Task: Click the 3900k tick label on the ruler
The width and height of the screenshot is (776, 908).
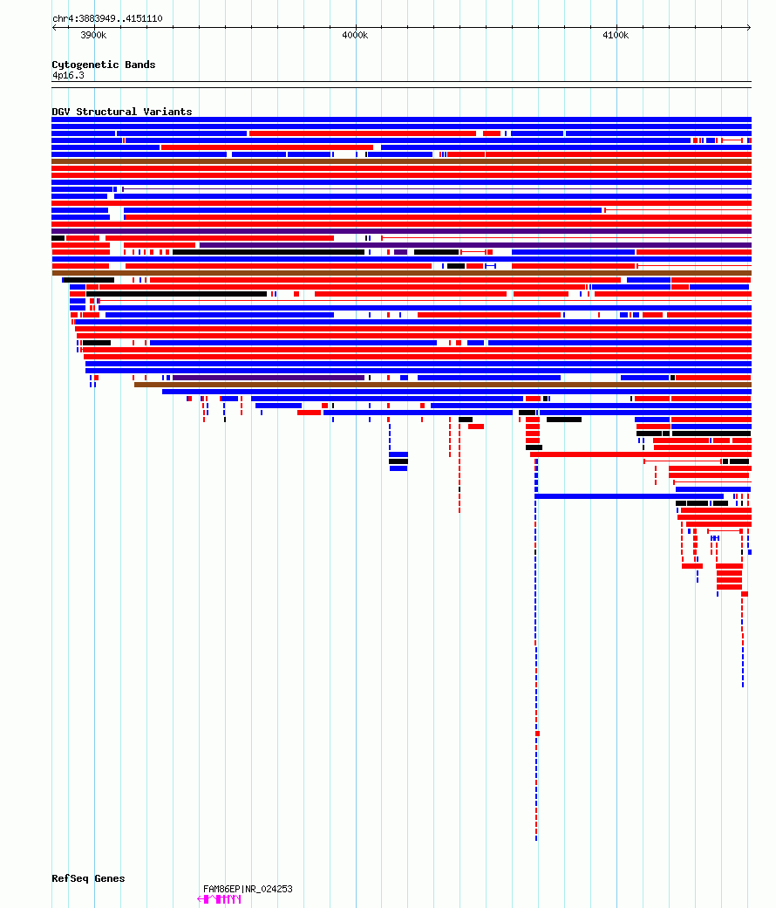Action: coord(93,35)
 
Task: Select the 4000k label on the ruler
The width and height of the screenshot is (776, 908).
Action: coord(355,35)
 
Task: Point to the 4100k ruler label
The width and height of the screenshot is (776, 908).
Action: coord(616,35)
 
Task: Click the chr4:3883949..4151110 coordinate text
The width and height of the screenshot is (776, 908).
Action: coord(107,18)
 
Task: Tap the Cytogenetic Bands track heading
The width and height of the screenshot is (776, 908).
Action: coord(104,65)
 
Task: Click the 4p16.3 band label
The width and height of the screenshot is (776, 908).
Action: coord(68,75)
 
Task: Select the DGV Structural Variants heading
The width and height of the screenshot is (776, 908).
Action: coord(121,112)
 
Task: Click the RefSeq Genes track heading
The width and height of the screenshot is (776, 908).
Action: coord(88,878)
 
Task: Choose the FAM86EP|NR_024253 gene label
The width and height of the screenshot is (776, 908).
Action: coord(248,889)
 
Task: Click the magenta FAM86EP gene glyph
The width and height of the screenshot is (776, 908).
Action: coord(219,899)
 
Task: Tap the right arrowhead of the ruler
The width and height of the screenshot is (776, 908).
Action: coord(749,27)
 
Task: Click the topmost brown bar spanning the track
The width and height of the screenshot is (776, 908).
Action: coord(402,161)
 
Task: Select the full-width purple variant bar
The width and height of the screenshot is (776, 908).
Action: coord(402,231)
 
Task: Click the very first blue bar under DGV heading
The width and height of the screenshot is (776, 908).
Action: coord(402,119)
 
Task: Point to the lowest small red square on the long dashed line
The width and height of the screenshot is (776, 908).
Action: coord(538,734)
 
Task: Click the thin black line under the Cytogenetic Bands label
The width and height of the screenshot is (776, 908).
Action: coord(402,82)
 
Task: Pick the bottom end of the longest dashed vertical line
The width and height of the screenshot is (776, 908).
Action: coord(536,840)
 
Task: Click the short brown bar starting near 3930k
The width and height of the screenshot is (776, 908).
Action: coord(443,385)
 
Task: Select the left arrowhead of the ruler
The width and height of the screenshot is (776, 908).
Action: coord(54,27)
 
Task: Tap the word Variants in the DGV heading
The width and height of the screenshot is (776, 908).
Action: coord(167,112)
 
